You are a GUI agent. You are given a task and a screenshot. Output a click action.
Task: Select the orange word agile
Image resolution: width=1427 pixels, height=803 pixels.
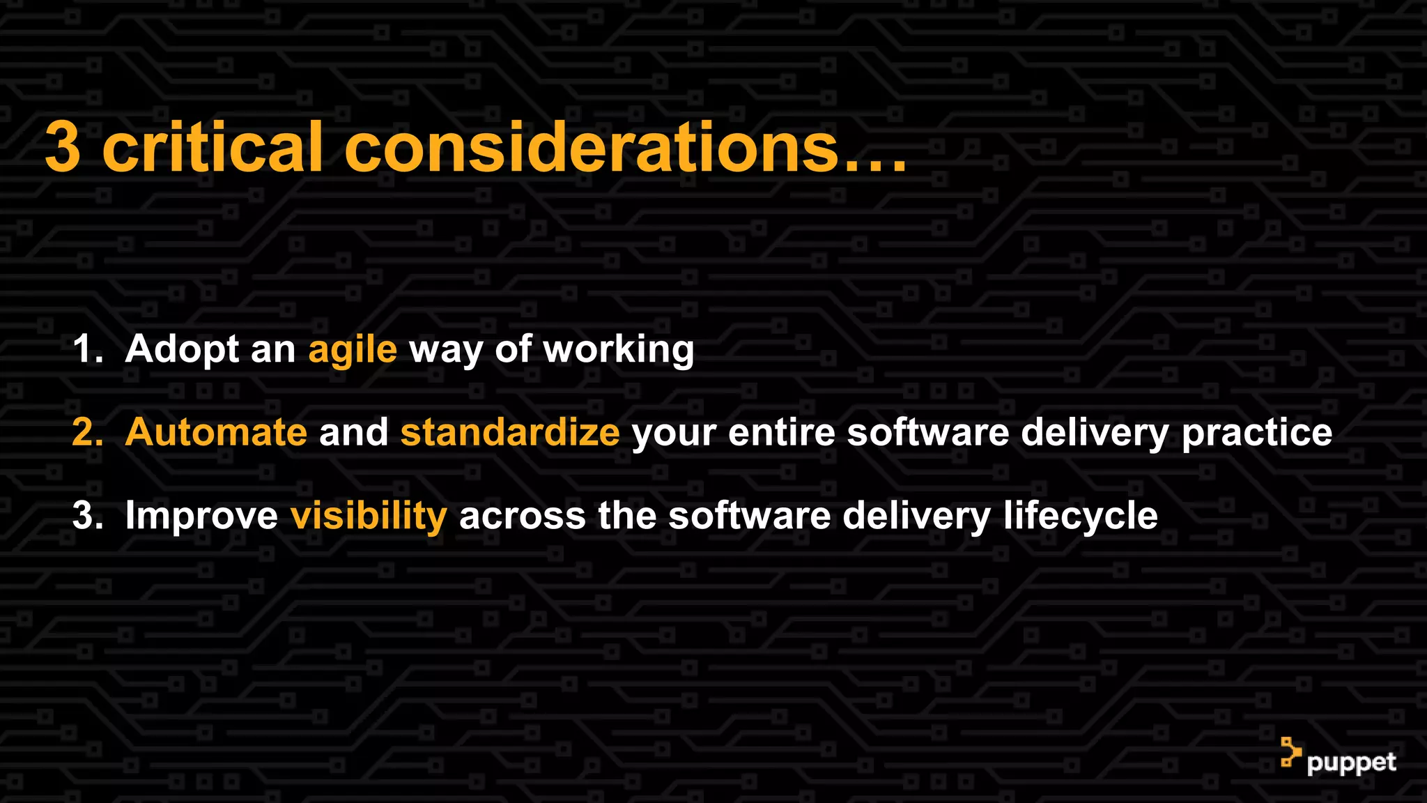[x=353, y=350]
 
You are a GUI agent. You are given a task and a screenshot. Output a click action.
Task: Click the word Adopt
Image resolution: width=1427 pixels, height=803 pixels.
[x=182, y=350]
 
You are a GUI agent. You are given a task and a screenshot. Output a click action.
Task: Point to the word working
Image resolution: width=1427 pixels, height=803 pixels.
[x=618, y=350]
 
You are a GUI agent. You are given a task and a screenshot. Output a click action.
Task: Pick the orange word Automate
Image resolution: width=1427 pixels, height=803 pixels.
[x=216, y=432]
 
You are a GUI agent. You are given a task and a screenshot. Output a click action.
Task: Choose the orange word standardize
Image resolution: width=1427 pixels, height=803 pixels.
[x=509, y=432]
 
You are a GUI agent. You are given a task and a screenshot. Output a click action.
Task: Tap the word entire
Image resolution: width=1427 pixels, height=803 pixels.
[x=781, y=432]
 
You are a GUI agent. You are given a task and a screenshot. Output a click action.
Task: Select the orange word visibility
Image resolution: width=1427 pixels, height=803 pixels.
[x=369, y=517]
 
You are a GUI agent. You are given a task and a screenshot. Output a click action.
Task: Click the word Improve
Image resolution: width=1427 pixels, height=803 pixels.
[x=201, y=517]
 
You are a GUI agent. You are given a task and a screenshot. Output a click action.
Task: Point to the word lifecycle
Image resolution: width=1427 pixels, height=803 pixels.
[x=1080, y=517]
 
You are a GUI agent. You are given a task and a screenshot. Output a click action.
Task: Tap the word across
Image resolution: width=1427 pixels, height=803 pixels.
[x=523, y=517]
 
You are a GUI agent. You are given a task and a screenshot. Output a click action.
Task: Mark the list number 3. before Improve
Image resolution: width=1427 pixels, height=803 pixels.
[x=87, y=517]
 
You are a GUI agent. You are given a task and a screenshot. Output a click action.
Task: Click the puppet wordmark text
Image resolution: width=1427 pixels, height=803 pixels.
[x=1351, y=763]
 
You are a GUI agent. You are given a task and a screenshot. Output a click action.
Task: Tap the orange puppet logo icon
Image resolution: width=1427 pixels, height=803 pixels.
[x=1290, y=753]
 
